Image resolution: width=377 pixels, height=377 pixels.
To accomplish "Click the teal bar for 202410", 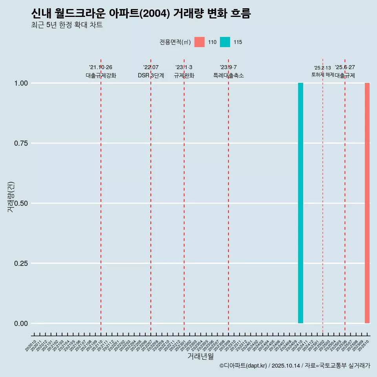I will coord(300,203).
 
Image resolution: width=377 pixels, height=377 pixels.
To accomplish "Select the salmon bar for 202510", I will coord(367,203).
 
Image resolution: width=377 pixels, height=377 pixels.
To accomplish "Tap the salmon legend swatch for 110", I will coord(199,42).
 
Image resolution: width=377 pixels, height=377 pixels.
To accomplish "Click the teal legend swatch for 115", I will coord(225,42).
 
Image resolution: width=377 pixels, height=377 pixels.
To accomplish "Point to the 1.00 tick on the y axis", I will coord(21,83).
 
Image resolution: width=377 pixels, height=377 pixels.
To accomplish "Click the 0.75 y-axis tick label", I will coord(21,143).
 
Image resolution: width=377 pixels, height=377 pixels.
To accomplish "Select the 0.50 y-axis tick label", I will coord(21,203).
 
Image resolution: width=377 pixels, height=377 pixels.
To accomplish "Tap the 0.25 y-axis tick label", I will coord(21,264).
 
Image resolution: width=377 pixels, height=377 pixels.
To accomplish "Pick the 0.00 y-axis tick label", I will coord(21,324).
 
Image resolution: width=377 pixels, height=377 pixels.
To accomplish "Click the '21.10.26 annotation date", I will coord(101,67).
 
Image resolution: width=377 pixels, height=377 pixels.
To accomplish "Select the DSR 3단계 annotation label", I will coord(151,75).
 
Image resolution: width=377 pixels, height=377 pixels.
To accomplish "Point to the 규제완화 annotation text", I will coord(184,75).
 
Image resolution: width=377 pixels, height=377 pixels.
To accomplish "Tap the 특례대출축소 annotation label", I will coord(229,75).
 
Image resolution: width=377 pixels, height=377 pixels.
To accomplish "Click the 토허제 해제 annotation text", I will coord(322,74).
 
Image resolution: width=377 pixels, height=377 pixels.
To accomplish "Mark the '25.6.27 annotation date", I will coord(345,67).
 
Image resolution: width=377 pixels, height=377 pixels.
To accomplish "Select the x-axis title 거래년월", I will coord(200,356).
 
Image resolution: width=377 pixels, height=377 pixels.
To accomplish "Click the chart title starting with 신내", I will coord(141,13).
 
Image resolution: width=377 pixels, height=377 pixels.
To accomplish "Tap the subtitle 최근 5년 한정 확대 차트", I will coord(67,25).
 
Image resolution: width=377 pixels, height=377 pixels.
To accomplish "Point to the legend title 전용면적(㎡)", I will coord(175,42).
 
